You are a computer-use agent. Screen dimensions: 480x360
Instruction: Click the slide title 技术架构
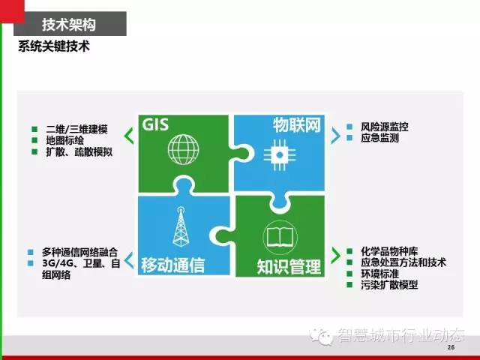click(x=69, y=25)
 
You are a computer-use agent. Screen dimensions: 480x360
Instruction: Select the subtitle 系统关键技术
click(x=54, y=46)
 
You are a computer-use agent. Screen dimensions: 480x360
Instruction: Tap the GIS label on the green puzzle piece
click(x=155, y=124)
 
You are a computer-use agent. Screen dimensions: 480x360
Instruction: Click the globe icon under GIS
click(x=183, y=150)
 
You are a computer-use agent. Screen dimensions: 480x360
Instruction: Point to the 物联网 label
click(x=297, y=125)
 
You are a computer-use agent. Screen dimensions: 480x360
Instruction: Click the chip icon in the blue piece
click(x=280, y=155)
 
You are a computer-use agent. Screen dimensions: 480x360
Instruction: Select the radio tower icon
click(x=181, y=226)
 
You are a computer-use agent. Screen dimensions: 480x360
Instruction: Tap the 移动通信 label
click(x=173, y=265)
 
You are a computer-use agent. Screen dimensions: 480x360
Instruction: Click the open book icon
click(x=280, y=237)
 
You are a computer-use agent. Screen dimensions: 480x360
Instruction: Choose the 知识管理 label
click(x=289, y=266)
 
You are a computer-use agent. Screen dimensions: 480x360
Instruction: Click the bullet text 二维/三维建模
click(x=76, y=129)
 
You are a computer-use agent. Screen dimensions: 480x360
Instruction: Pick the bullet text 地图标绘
click(x=65, y=140)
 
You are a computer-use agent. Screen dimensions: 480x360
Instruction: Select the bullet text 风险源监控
click(x=385, y=127)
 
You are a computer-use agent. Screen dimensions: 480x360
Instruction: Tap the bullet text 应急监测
click(x=380, y=138)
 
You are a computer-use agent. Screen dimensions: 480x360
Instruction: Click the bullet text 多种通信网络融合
click(x=79, y=252)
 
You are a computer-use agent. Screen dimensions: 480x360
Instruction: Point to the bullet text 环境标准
click(x=380, y=274)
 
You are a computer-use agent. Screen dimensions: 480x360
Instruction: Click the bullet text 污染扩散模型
click(x=389, y=285)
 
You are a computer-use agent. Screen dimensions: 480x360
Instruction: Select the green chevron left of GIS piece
click(x=128, y=136)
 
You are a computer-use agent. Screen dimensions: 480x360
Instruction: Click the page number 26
click(x=451, y=347)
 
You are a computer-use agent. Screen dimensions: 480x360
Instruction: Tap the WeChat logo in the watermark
click(x=321, y=336)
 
